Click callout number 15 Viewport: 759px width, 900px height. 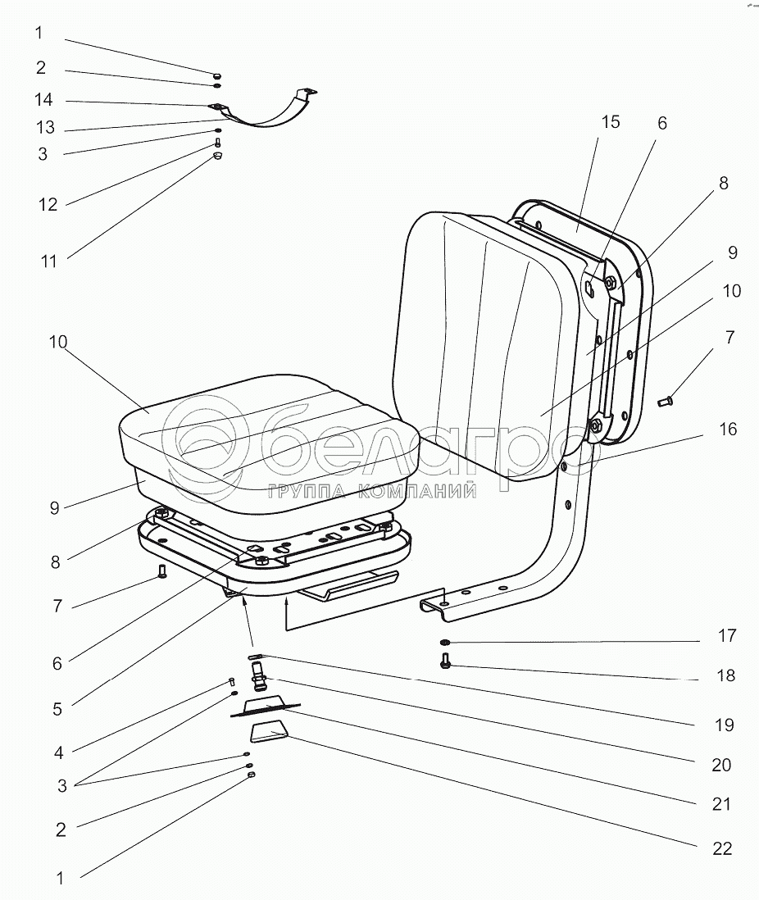tap(610, 123)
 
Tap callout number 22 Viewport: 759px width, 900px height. tap(721, 848)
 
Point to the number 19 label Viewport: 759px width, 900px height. tap(723, 725)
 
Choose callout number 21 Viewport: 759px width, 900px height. tap(721, 805)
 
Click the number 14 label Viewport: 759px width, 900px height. tap(43, 100)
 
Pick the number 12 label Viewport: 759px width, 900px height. tap(48, 205)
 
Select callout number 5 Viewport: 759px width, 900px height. tap(57, 709)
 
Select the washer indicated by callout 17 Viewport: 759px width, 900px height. tap(444, 641)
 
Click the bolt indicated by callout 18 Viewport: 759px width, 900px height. tap(445, 661)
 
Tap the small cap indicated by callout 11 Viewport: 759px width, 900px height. tap(218, 157)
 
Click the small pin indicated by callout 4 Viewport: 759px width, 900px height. tap(231, 681)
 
